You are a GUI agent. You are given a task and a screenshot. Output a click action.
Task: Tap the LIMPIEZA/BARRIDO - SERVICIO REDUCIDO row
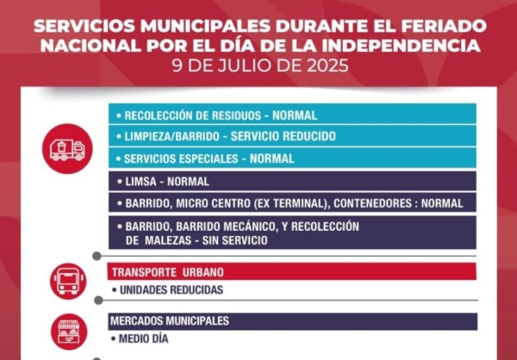229,137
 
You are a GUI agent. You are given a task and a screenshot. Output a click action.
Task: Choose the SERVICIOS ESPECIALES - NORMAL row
209,158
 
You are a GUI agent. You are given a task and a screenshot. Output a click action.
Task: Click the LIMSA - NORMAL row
166,182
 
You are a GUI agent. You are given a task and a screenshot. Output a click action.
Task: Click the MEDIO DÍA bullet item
143,339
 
